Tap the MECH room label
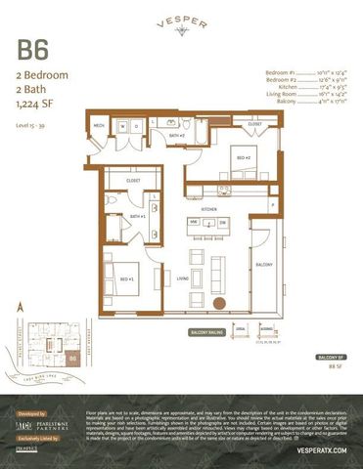pos(99,126)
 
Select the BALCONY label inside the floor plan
pos(264,264)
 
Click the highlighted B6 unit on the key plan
pos(72,359)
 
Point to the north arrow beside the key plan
pos(21,308)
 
